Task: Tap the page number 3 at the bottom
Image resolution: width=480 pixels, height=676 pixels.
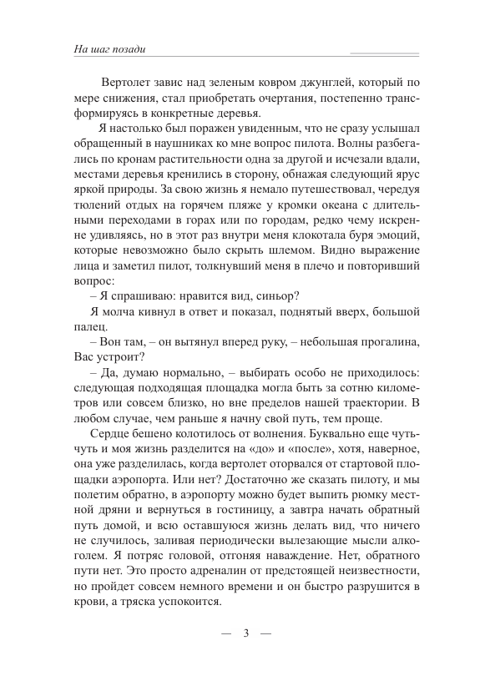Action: point(246,632)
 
